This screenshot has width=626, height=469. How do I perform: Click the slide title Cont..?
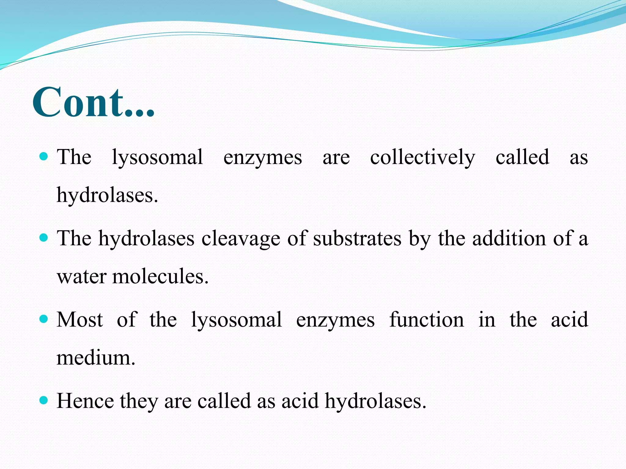93,102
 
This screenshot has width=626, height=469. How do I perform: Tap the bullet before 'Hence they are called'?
44,400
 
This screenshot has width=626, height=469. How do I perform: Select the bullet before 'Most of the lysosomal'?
44,319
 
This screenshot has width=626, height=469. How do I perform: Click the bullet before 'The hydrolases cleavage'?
44,238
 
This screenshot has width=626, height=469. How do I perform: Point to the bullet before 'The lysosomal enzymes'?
44,157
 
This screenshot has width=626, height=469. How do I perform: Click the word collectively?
422,158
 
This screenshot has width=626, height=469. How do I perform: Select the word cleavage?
241,239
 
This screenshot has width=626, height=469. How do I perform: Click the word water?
81,277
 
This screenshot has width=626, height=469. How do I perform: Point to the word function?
426,319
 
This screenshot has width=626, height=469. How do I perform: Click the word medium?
95,358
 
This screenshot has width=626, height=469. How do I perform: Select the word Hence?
85,401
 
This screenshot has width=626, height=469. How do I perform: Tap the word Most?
79,319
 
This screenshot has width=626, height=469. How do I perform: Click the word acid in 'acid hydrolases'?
300,401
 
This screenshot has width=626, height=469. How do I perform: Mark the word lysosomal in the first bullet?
157,158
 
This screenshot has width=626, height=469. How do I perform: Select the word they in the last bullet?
139,401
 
